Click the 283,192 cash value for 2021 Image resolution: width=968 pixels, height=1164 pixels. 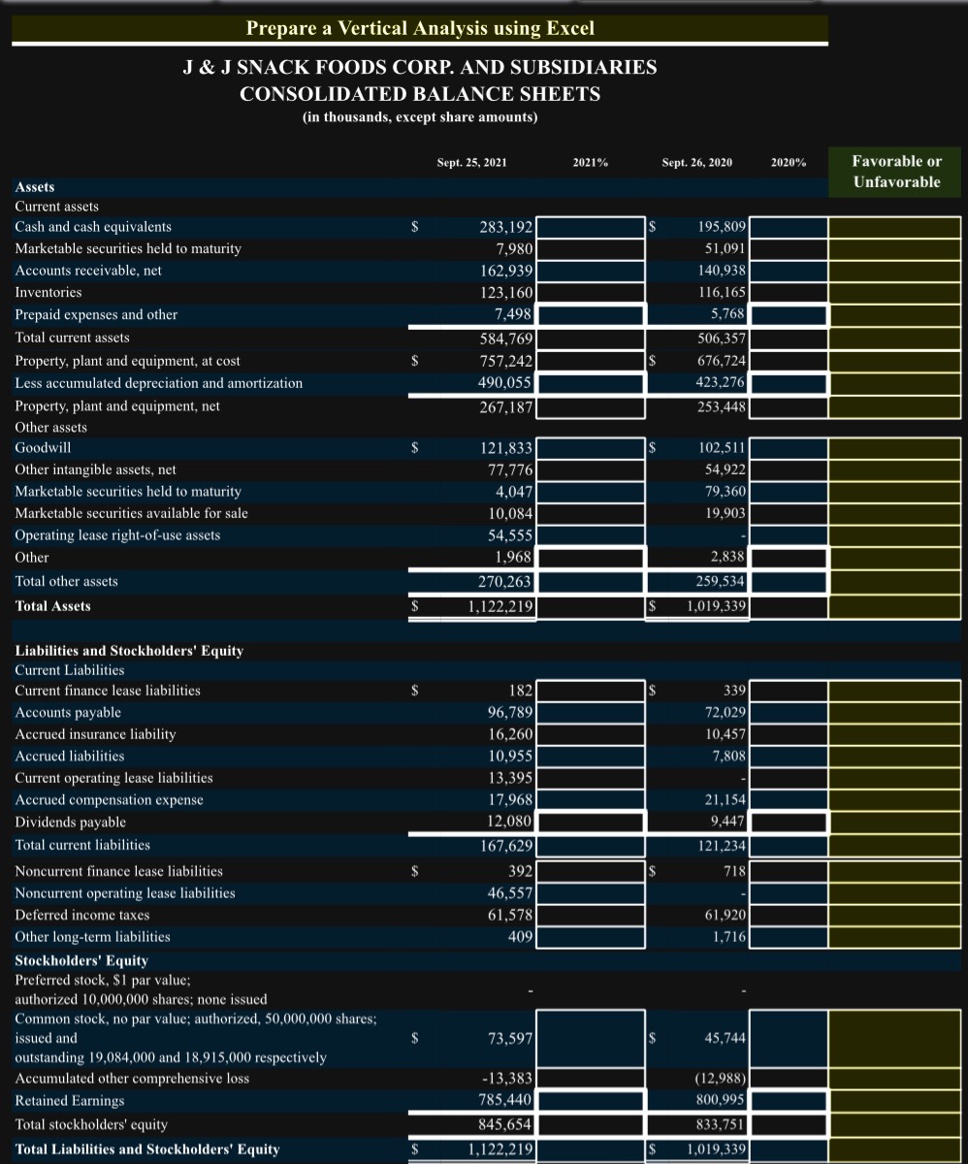(505, 228)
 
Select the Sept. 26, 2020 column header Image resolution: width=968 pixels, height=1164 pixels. (696, 163)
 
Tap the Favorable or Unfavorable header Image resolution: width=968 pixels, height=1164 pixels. (896, 172)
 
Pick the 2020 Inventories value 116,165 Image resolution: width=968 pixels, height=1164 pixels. (721, 292)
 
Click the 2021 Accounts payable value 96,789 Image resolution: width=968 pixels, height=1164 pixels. (506, 713)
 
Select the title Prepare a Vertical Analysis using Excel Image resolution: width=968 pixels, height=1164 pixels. (420, 28)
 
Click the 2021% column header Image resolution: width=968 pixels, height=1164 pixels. (590, 163)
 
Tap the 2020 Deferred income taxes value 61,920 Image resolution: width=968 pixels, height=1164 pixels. (722, 915)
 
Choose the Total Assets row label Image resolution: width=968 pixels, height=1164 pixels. (53, 606)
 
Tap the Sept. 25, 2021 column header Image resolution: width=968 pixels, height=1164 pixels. (471, 163)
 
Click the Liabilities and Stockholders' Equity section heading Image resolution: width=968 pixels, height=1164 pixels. (129, 651)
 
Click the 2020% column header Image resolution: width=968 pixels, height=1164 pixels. (788, 163)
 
